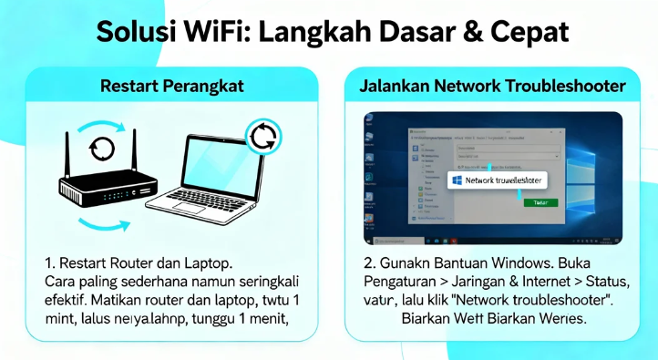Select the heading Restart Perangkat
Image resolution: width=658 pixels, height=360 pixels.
point(173,87)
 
